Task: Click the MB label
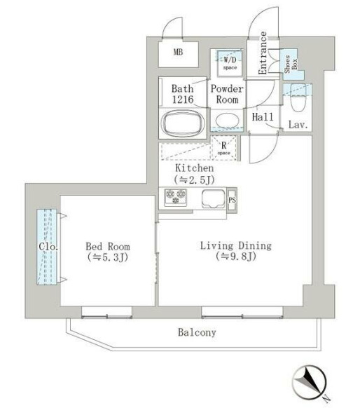pos(178,52)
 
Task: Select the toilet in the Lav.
pos(298,98)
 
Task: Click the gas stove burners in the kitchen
pos(176,198)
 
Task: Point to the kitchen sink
pos(214,199)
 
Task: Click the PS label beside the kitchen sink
pos(232,200)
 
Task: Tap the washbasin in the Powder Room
pos(227,121)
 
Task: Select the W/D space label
pos(230,63)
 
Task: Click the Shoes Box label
pos(291,64)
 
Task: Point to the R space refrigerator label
pos(224,148)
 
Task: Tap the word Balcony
pos(197,332)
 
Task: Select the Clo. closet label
pos(48,247)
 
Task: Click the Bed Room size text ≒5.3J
pos(108,257)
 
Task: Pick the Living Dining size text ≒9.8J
pos(236,257)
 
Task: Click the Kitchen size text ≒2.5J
pos(195,179)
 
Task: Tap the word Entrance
pos(263,53)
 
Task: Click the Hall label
pos(263,117)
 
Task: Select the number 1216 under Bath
pos(183,100)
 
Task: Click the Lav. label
pos(298,125)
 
